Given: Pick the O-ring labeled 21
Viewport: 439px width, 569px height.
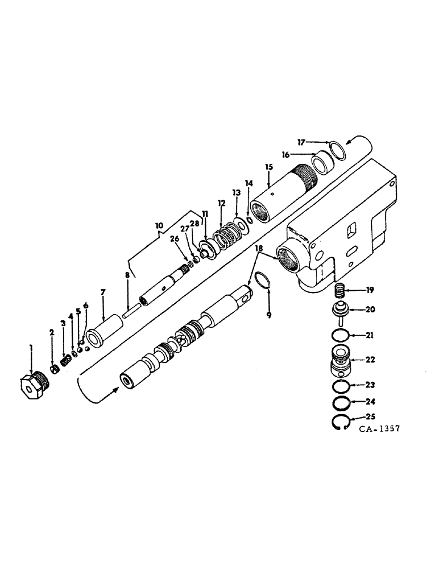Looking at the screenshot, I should pyautogui.click(x=339, y=336).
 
